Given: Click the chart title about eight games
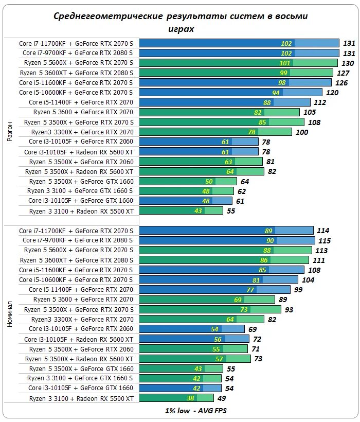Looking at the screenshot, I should pos(181,22).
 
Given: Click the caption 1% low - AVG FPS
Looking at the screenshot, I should pos(181,411).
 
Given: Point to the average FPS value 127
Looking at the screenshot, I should pos(343,73).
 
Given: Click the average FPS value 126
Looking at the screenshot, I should pos(341,83).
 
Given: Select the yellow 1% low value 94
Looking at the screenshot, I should pos(276,93).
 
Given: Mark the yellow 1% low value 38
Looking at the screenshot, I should pos(190,398).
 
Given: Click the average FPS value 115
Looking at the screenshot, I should pos(324,241).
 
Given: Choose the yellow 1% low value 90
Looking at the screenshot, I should pos(269,241).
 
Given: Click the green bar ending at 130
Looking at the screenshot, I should pos(239,63).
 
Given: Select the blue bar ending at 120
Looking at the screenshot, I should pos(230,93).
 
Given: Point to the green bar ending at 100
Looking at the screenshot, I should pos(216,132).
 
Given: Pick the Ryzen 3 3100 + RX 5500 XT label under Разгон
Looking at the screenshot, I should pos(81,211).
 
